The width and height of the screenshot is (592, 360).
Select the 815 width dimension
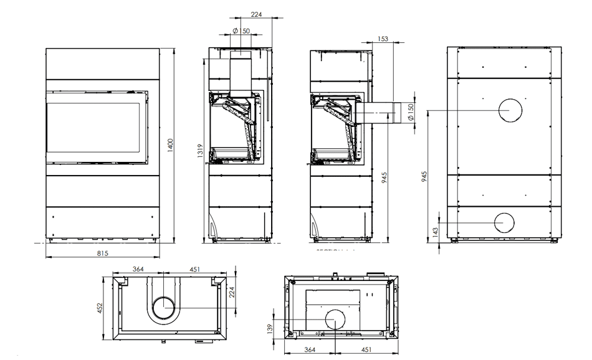103,253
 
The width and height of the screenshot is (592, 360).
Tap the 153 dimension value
383,39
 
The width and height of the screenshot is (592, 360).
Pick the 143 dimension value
436,231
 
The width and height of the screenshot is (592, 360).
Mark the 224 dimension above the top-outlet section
255,14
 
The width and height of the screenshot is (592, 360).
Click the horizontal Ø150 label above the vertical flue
241,31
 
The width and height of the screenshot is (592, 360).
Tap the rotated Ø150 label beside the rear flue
409,113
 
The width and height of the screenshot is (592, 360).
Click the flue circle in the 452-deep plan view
165,308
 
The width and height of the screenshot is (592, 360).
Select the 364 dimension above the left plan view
139,269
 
